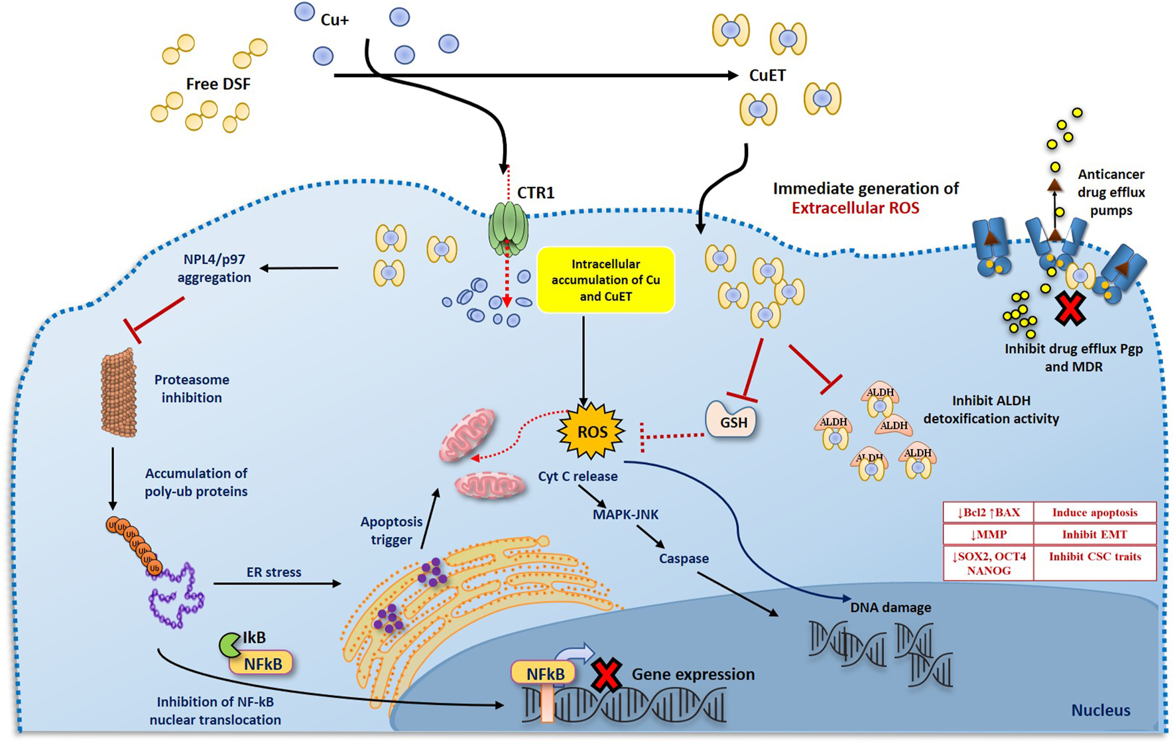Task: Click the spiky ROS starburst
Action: (x=591, y=432)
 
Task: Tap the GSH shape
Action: (x=732, y=419)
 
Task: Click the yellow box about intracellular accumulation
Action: (x=605, y=280)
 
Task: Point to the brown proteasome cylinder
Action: (x=119, y=392)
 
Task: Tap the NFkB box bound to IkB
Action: (x=262, y=662)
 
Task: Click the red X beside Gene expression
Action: (x=606, y=674)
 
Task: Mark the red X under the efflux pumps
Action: (x=1070, y=308)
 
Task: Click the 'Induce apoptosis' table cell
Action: (x=1095, y=513)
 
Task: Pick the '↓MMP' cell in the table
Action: (x=989, y=534)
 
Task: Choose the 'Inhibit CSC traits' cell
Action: (x=1095, y=563)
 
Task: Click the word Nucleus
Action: (x=1101, y=710)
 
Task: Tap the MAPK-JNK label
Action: (x=625, y=514)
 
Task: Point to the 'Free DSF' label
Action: (x=218, y=84)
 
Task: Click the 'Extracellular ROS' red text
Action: (x=855, y=208)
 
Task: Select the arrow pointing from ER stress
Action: (x=277, y=584)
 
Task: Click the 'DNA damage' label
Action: (x=891, y=607)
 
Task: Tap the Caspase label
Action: (x=684, y=559)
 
